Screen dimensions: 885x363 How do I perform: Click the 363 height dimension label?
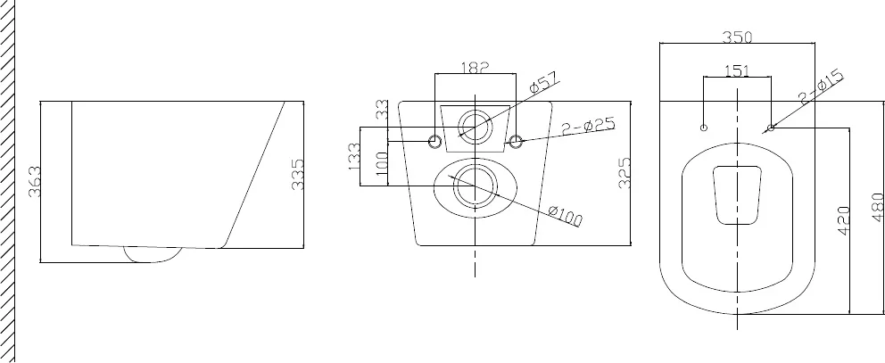click(35, 181)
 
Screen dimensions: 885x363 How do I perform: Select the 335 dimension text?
click(297, 174)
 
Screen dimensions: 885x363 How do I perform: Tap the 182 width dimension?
click(475, 67)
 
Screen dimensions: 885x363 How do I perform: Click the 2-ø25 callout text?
click(589, 127)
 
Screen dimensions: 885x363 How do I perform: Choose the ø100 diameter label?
click(565, 216)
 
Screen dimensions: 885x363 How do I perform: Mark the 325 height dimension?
click(624, 173)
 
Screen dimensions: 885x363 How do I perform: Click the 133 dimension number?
click(354, 156)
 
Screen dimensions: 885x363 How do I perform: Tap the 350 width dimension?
click(738, 37)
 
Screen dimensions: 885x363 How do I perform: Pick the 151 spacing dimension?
click(737, 70)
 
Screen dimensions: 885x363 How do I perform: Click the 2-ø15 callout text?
click(822, 87)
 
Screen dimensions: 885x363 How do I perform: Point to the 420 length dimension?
click(844, 220)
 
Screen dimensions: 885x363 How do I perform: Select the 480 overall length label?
click(878, 207)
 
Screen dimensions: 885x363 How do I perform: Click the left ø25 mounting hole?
click(435, 141)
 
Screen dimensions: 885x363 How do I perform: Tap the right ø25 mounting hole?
click(516, 141)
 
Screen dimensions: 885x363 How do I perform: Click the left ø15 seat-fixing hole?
click(704, 128)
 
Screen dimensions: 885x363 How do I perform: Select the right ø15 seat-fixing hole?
click(771, 128)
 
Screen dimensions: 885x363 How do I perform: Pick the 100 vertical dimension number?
click(382, 167)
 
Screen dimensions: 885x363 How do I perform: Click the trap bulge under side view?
click(153, 255)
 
